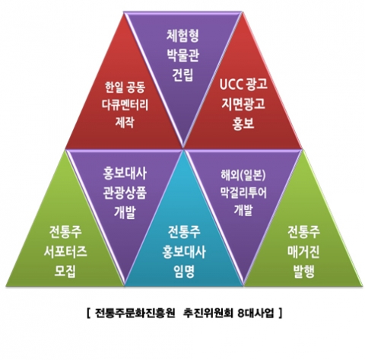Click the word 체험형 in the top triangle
pos(182,36)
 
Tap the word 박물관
pos(182,55)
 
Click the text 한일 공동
pos(125,88)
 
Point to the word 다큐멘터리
pos(125,105)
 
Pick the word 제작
pos(125,122)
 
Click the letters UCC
pos(231,84)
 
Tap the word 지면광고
pos(243,104)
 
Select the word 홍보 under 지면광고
pos(243,123)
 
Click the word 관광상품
pos(125,193)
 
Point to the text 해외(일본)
pos(243,175)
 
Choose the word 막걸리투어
pos(243,193)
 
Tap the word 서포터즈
pos(65,251)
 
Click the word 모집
pos(65,271)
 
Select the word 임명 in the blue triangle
pos(184,271)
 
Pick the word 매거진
pos(303,251)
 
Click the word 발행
pos(303,271)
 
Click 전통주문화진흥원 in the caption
pos(135,314)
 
